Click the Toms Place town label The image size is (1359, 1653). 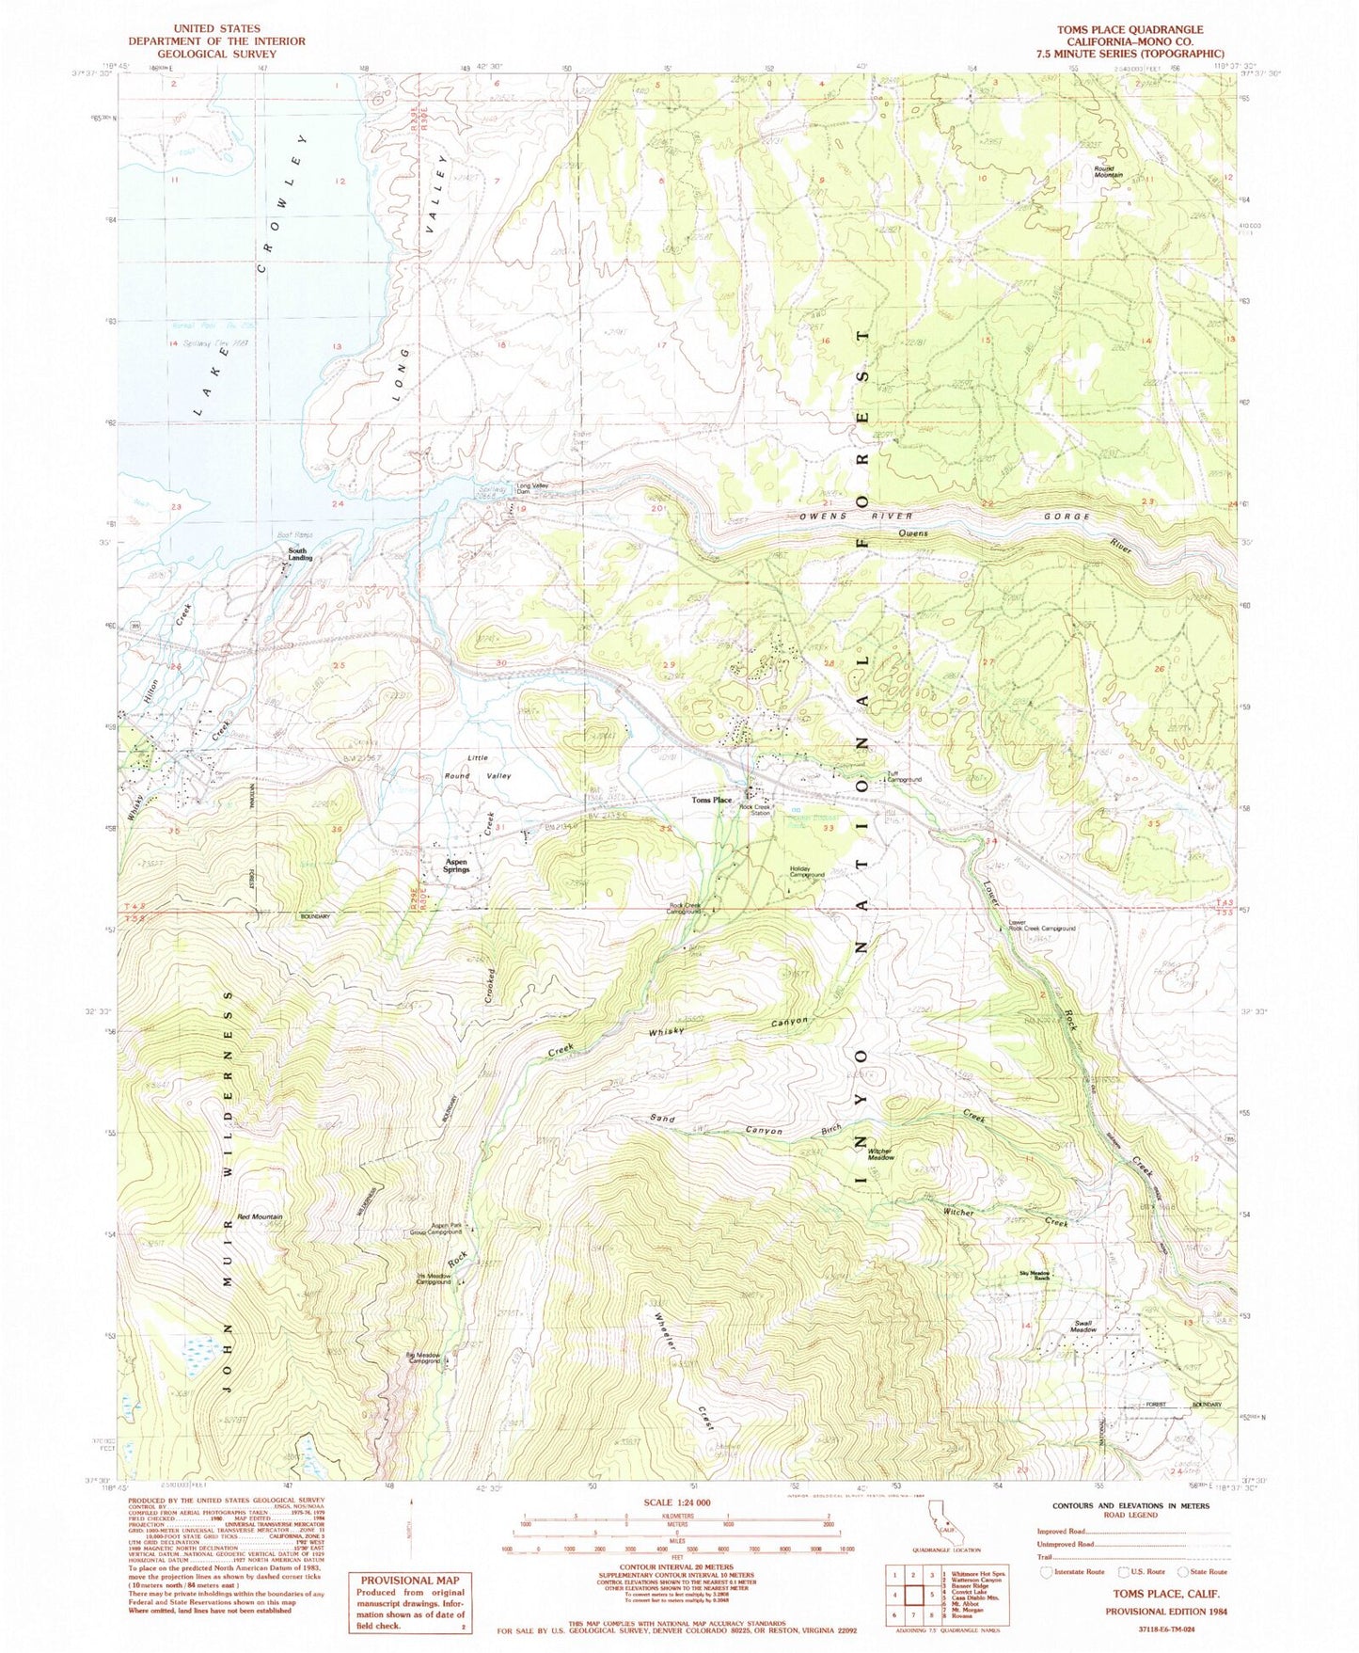click(x=711, y=800)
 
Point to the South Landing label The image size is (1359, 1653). click(x=297, y=554)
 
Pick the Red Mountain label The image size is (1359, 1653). click(x=260, y=1216)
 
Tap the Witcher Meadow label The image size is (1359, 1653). click(x=880, y=1154)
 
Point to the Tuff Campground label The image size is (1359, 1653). click(x=903, y=778)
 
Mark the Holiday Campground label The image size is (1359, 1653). click(x=807, y=872)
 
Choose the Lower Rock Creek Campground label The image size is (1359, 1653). click(x=1040, y=926)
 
